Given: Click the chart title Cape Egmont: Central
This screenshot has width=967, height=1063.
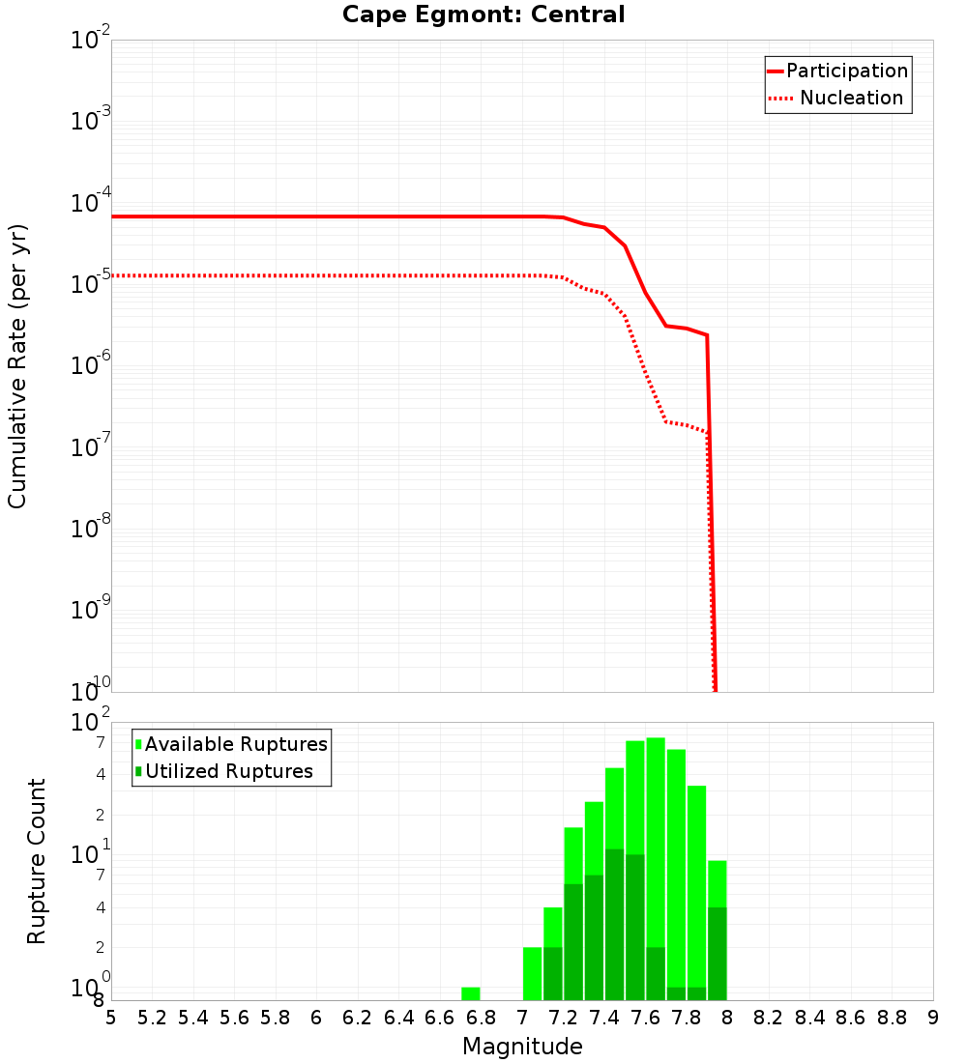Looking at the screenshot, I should click(x=483, y=15).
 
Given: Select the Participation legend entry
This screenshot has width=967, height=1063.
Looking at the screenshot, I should click(x=837, y=72).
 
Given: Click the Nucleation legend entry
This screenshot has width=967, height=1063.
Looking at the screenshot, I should click(x=837, y=99).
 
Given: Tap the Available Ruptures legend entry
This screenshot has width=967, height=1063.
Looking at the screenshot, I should click(x=232, y=745).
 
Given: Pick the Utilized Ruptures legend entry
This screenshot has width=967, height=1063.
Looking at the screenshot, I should click(x=224, y=772).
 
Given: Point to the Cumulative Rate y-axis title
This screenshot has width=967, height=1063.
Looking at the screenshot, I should click(x=17, y=366).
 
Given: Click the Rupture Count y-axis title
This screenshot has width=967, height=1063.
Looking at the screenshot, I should click(x=37, y=861).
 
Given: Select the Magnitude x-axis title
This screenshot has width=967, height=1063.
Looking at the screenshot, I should click(x=522, y=1047).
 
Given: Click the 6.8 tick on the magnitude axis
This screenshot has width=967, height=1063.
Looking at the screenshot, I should click(x=481, y=1018).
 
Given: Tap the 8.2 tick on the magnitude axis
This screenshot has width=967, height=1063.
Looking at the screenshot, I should click(x=769, y=1018).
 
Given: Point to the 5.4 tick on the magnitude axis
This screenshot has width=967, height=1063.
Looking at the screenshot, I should click(x=193, y=1018).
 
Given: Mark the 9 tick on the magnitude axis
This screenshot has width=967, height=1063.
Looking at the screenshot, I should click(x=932, y=1018).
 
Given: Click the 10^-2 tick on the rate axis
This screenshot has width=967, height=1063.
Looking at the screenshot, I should click(x=91, y=41).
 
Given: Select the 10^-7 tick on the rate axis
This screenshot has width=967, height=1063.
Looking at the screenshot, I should click(x=91, y=447).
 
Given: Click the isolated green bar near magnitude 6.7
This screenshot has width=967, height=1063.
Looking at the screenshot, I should click(x=471, y=993).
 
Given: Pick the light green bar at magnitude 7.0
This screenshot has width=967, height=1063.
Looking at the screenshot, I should click(x=532, y=973).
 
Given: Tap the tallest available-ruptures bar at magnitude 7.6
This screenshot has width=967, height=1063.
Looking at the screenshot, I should click(x=656, y=841).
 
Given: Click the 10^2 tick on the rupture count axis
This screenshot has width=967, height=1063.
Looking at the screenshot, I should click(x=91, y=723).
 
